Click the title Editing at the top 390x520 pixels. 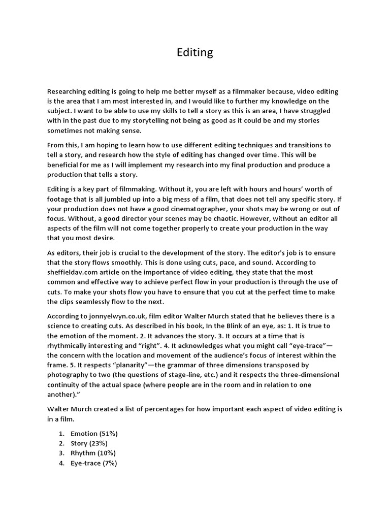coord(195,52)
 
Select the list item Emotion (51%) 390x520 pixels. coord(94,433)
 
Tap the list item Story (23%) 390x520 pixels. coord(89,443)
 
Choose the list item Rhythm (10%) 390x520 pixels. coord(93,453)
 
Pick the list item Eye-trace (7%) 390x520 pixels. coord(94,463)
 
